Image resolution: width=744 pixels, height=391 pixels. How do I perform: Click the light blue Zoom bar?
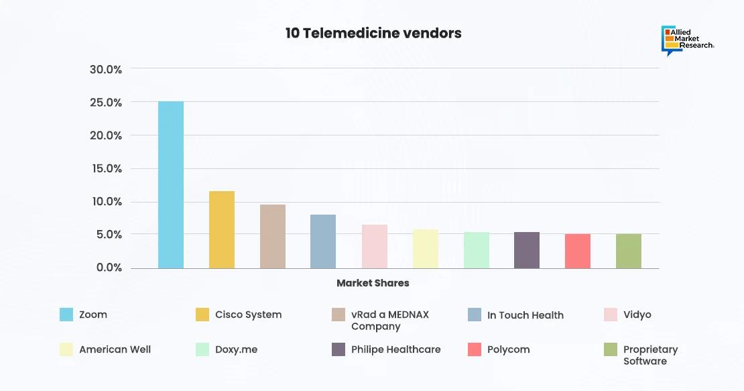(171, 184)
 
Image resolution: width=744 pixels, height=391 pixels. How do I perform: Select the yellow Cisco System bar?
(222, 229)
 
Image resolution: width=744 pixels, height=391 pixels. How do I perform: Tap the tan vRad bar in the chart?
(273, 236)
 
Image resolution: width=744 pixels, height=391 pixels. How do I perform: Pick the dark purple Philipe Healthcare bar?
(527, 250)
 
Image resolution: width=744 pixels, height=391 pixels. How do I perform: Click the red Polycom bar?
(578, 251)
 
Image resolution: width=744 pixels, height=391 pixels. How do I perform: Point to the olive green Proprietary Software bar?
(629, 251)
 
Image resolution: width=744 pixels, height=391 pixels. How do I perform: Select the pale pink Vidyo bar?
(375, 246)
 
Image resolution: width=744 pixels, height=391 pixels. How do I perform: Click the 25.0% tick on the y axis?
(106, 103)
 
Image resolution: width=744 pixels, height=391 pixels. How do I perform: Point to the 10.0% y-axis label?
(106, 202)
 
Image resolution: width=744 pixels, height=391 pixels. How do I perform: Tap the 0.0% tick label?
(109, 268)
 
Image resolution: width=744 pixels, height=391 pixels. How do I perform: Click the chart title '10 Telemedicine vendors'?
(373, 33)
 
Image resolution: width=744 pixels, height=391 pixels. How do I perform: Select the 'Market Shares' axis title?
(373, 283)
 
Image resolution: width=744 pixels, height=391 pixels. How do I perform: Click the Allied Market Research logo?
(687, 40)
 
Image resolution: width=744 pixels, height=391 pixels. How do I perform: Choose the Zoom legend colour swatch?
(66, 315)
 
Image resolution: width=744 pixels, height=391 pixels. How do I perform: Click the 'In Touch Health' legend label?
(525, 315)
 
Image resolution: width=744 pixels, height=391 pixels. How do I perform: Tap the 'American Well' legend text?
(115, 349)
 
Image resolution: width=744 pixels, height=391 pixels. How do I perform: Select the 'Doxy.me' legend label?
(236, 349)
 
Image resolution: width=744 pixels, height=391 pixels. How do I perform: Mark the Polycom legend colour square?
(475, 349)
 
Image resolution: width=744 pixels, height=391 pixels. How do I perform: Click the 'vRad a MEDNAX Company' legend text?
(390, 321)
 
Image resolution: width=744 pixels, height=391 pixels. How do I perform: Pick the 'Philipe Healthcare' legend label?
(396, 349)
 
